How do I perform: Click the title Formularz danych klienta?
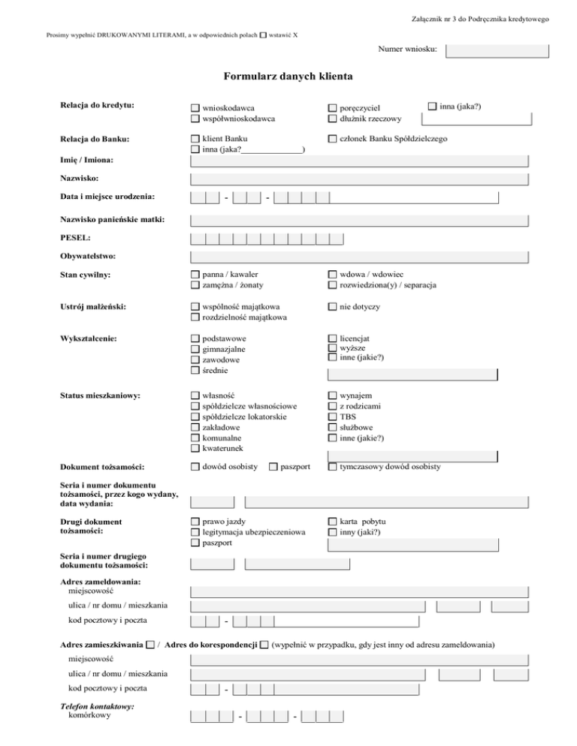288,77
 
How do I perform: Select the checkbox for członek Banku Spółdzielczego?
332,139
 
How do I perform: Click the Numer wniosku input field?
497,51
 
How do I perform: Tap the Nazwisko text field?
360,179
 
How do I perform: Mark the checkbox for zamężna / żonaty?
195,285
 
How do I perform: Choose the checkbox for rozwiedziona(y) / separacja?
332,285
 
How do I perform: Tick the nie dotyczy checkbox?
332,307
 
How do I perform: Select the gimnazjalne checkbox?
195,349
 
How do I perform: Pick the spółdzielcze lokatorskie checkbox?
195,417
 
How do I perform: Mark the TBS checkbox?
332,417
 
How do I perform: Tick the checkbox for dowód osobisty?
195,467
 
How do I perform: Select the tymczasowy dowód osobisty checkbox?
332,467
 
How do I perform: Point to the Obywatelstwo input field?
360,257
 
